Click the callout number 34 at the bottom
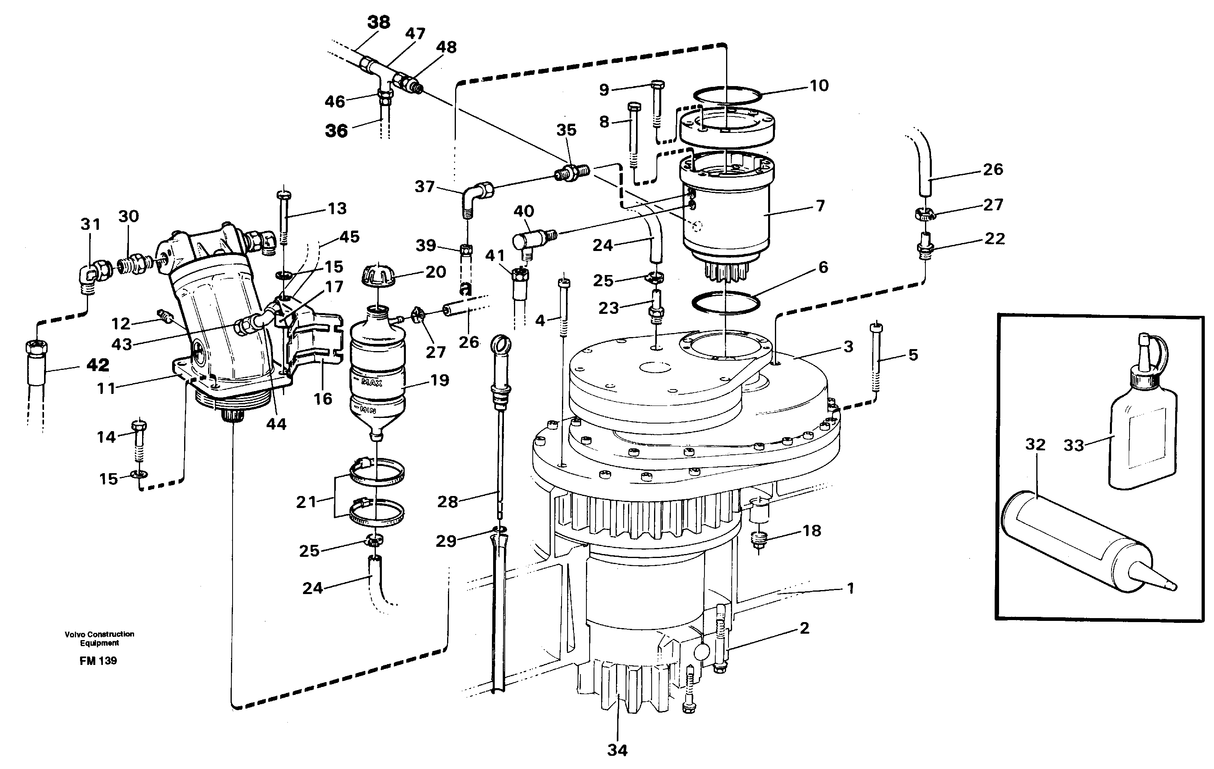617,750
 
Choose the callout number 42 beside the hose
98,365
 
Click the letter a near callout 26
466,289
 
